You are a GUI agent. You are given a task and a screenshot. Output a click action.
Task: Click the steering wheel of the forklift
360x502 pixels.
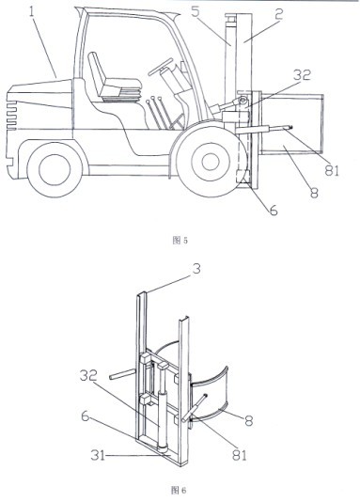tap(161, 67)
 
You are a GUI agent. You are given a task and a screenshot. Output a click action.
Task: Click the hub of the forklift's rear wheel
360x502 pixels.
tap(55, 169)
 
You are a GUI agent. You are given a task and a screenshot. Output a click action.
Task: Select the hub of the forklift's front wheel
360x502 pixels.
tap(211, 162)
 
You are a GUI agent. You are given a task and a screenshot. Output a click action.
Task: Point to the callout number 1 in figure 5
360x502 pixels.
tap(31, 12)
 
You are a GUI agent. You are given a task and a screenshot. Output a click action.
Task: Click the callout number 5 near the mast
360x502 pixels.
tap(196, 11)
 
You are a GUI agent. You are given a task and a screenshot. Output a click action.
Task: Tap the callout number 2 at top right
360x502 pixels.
tap(279, 14)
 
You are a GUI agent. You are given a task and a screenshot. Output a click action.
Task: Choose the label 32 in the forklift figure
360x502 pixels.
tap(302, 74)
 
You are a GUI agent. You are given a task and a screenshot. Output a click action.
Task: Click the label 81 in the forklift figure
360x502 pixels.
tap(331, 170)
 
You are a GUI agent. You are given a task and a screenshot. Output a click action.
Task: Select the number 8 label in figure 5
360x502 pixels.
tap(314, 193)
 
